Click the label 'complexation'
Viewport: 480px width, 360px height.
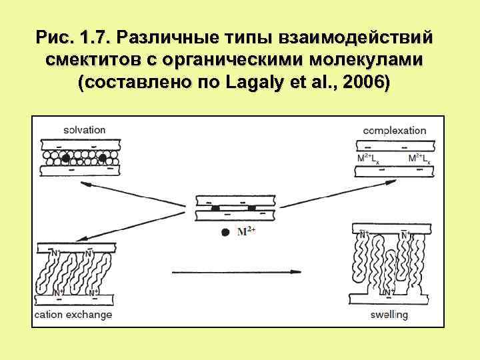pyautogui.click(x=395, y=130)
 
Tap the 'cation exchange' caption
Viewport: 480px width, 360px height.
pyautogui.click(x=73, y=314)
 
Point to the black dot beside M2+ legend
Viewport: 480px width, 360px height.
pyautogui.click(x=225, y=232)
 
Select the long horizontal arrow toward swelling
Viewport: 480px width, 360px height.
pyautogui.click(x=237, y=271)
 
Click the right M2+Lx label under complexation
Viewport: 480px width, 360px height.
pyautogui.click(x=420, y=158)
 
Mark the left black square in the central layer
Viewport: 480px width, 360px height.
pyautogui.click(x=215, y=209)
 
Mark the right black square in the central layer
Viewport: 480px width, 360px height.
pyautogui.click(x=252, y=209)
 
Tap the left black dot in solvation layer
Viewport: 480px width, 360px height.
pyautogui.click(x=65, y=158)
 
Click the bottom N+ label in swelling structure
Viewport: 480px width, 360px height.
pyautogui.click(x=386, y=293)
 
